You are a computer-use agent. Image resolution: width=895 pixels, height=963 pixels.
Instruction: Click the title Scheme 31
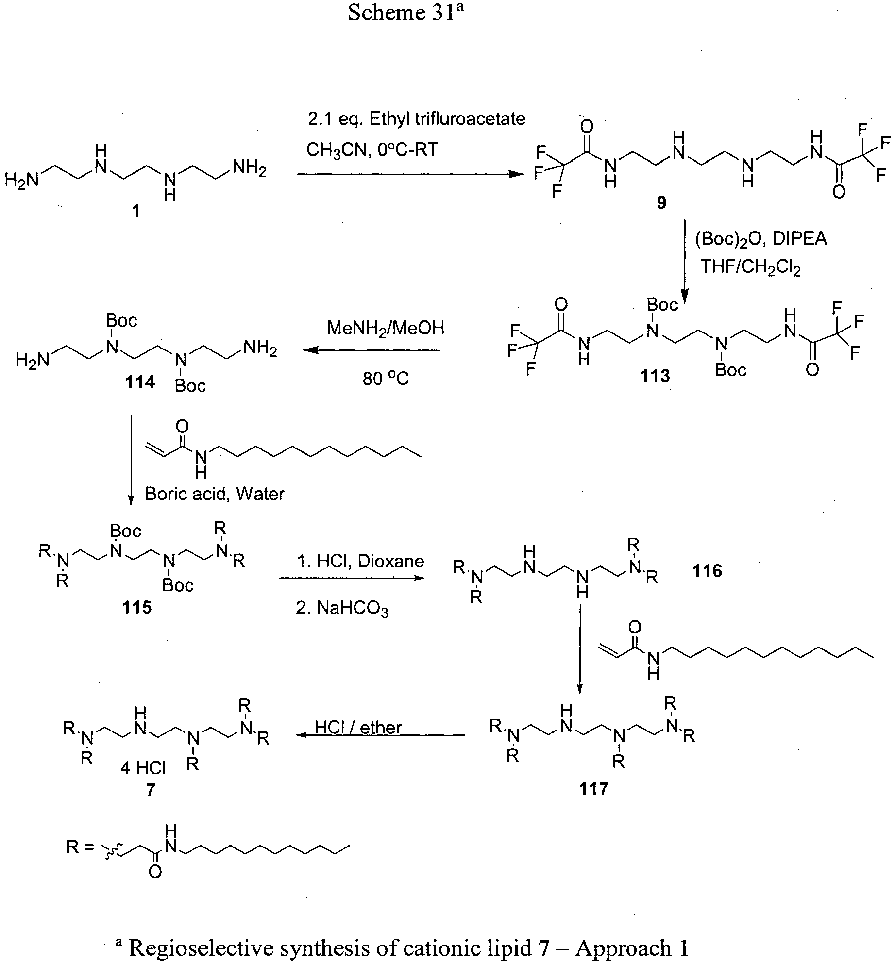[x=406, y=13]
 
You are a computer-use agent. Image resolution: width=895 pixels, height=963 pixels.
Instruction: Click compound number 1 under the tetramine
[x=136, y=211]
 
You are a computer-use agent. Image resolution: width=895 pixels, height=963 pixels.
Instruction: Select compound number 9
[x=661, y=203]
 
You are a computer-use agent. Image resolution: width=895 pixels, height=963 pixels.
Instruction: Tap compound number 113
[x=655, y=375]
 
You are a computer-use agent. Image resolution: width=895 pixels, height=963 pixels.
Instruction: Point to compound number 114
[x=140, y=382]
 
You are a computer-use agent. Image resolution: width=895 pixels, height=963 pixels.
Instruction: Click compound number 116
[x=708, y=571]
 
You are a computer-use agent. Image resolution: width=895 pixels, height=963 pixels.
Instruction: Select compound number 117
[x=593, y=789]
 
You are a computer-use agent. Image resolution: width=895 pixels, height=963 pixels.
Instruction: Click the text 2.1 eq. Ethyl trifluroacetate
[x=417, y=119]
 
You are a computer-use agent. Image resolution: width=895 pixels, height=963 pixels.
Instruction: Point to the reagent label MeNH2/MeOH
[x=386, y=329]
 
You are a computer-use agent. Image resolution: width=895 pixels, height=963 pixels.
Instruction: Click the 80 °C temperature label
[x=386, y=378]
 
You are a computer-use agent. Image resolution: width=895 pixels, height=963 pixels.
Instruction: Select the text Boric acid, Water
[x=215, y=494]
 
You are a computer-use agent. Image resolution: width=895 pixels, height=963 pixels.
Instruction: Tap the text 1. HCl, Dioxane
[x=360, y=561]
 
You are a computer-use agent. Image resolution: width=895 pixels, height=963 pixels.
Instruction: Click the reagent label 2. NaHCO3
[x=342, y=608]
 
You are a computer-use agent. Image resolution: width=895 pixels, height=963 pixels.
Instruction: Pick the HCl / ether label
[x=358, y=727]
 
